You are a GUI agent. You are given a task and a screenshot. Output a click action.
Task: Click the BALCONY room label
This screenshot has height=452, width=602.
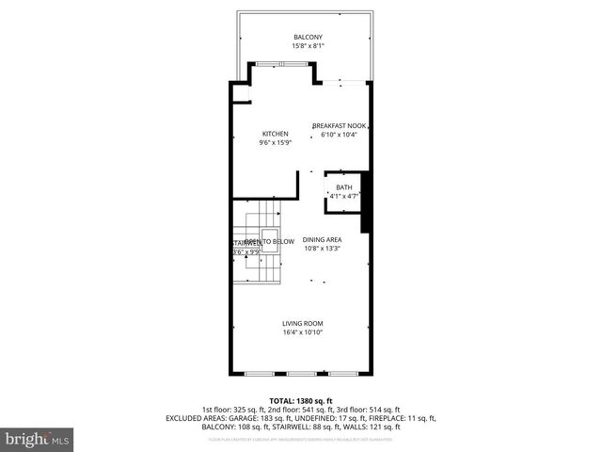(x=301, y=37)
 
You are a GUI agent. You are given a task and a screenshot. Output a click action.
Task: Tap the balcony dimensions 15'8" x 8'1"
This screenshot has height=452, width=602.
(x=301, y=45)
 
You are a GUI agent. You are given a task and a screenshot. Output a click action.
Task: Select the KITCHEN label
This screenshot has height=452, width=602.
(x=275, y=134)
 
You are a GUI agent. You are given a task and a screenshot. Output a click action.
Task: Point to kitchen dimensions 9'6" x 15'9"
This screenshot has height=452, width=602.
(x=275, y=142)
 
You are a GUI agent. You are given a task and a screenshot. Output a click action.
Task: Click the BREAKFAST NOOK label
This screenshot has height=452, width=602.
(x=339, y=125)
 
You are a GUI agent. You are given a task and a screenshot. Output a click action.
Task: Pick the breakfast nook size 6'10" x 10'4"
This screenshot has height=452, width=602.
(x=339, y=134)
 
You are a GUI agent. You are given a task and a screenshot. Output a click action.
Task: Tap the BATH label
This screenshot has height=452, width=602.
(x=344, y=187)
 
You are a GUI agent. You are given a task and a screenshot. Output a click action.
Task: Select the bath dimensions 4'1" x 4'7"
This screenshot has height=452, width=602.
(x=344, y=196)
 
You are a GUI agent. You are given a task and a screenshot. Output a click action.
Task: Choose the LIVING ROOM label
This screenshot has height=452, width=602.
(x=303, y=323)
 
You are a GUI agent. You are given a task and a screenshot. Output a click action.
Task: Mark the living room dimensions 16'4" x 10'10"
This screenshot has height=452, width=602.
(x=303, y=331)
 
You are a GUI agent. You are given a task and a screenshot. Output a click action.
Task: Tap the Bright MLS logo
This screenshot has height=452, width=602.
(x=38, y=438)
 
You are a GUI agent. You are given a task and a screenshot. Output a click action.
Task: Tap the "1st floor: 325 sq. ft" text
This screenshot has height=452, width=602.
(x=232, y=410)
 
